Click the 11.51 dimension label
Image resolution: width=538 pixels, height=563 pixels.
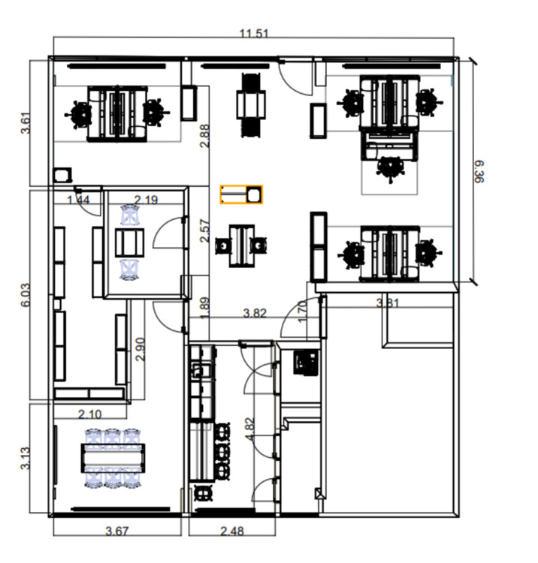tap(254, 34)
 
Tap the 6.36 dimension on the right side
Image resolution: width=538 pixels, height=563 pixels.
tap(479, 172)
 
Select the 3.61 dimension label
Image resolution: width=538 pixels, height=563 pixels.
tap(26, 123)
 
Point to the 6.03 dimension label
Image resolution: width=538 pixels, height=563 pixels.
tap(26, 295)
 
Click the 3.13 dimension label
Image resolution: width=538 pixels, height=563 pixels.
tap(26, 458)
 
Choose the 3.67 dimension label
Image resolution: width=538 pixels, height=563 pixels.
tap(117, 531)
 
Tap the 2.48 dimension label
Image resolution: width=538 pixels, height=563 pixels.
tap(232, 531)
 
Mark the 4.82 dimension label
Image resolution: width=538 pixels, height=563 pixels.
tap(249, 429)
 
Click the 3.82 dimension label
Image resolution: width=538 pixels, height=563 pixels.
tap(255, 314)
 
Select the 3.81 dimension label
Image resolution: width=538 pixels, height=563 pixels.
tap(388, 303)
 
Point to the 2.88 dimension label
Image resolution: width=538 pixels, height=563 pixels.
tap(204, 136)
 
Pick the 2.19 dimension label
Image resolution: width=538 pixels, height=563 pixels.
tap(146, 200)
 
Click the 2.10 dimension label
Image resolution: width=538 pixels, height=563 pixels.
tap(90, 414)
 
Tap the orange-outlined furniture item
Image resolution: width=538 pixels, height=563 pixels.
tap(241, 194)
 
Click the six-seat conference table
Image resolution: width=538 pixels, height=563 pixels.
tap(113, 458)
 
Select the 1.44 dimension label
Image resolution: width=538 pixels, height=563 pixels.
tap(78, 200)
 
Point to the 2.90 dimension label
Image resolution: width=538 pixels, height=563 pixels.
tap(141, 349)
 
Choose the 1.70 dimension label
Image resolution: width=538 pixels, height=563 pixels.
tap(303, 312)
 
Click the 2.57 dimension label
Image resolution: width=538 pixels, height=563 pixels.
tap(204, 231)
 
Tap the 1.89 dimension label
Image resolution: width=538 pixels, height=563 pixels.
tap(204, 308)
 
